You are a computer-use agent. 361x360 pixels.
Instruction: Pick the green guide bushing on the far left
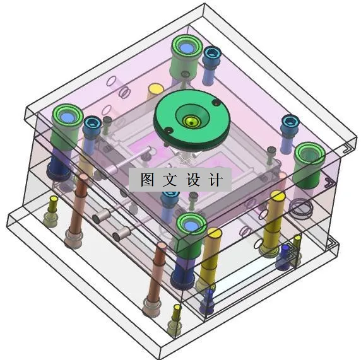click(x=66, y=118)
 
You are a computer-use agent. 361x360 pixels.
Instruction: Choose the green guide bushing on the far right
click(x=309, y=155)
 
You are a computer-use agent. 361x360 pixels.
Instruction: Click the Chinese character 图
click(x=147, y=180)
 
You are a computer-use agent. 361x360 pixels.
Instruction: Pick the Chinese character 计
click(x=215, y=180)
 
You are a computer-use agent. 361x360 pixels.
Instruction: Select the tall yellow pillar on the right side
click(x=274, y=218)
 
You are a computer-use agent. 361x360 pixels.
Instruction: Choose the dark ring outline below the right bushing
click(x=305, y=207)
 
